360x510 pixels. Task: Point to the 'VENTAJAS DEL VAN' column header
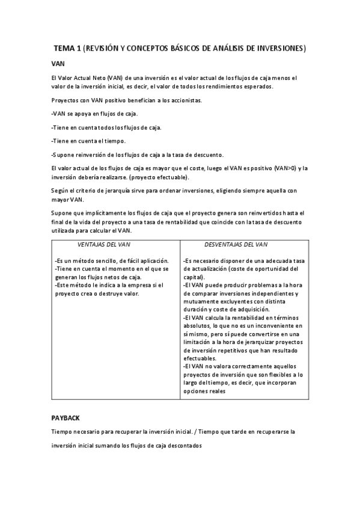(104, 245)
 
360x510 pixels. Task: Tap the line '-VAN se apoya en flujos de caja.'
(95, 113)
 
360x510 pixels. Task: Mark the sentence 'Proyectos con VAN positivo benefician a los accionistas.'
(127, 100)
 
